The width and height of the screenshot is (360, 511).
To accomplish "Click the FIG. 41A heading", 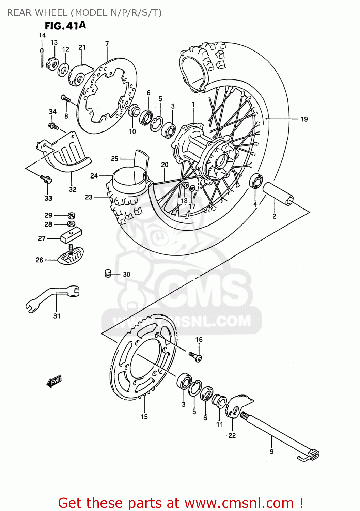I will tap(65, 26).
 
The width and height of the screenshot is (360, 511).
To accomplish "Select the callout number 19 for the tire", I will tap(304, 119).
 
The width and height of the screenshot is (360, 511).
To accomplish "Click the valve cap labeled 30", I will tap(108, 273).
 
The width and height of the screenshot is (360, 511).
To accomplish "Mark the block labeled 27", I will tap(71, 235).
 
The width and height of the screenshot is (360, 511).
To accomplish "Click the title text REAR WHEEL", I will tap(37, 13).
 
